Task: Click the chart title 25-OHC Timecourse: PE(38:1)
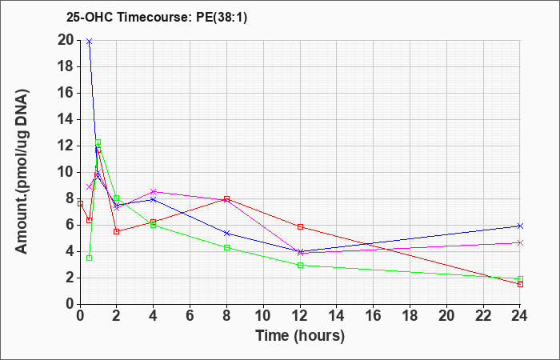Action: pyautogui.click(x=157, y=18)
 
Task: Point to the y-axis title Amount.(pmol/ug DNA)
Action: pyautogui.click(x=22, y=171)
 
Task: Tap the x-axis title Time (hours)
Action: pyautogui.click(x=300, y=336)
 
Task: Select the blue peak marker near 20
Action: pyautogui.click(x=90, y=42)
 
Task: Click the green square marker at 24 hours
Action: pyautogui.click(x=520, y=279)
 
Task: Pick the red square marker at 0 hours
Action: pyautogui.click(x=80, y=203)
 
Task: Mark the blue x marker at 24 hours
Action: pyautogui.click(x=520, y=226)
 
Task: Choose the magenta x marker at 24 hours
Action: pyautogui.click(x=520, y=243)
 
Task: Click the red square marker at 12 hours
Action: pyautogui.click(x=300, y=226)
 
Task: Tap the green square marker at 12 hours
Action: pyautogui.click(x=300, y=266)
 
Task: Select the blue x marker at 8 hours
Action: pyautogui.click(x=226, y=234)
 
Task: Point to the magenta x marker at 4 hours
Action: pyautogui.click(x=154, y=191)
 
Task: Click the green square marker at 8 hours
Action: pyautogui.click(x=226, y=247)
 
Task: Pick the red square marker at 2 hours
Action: pyautogui.click(x=117, y=231)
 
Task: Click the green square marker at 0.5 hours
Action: pyautogui.click(x=90, y=258)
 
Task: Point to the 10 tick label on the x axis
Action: pyautogui.click(x=263, y=316)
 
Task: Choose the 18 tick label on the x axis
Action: pyautogui.click(x=410, y=316)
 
